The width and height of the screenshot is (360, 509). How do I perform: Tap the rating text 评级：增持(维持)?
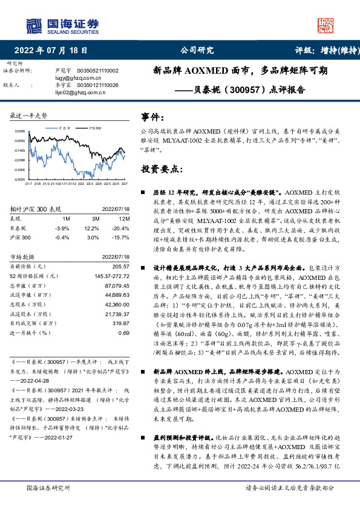pos(324,51)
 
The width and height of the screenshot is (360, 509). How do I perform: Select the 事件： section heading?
pos(152,116)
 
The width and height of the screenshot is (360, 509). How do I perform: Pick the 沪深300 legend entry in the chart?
pos(94,128)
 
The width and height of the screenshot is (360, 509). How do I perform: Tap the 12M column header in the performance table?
pos(123,218)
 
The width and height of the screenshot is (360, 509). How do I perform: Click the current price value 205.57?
pos(121,266)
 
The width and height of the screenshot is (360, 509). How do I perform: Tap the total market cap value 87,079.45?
pos(116,285)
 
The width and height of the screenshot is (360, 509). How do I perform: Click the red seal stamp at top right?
pos(326,25)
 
